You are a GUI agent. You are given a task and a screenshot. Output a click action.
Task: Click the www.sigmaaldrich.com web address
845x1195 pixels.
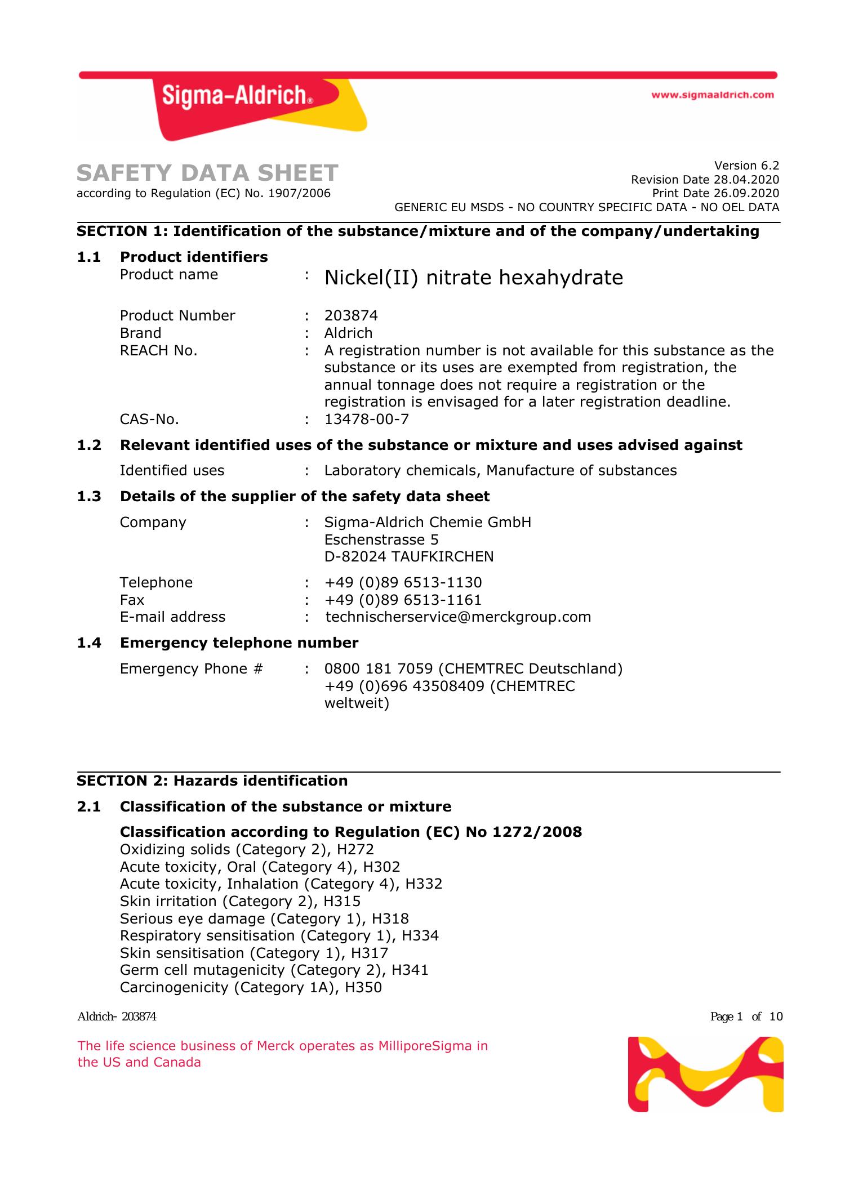click(x=712, y=95)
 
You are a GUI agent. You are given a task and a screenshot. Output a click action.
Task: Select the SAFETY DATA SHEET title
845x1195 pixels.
click(x=207, y=173)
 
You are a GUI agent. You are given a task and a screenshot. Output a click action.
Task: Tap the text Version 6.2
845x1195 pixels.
click(x=746, y=166)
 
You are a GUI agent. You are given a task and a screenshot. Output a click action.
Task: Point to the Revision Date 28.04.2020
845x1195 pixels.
click(x=705, y=180)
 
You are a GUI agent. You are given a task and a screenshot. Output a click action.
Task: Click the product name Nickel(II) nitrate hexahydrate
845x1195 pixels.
click(x=473, y=278)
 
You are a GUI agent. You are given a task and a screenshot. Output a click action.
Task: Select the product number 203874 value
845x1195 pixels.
click(x=351, y=315)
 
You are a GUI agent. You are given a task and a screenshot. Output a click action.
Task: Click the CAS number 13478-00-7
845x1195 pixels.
click(x=366, y=420)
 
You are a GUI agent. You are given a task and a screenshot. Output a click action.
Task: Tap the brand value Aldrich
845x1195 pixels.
click(x=348, y=333)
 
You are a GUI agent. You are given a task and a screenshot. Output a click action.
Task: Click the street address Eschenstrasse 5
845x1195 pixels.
click(x=381, y=539)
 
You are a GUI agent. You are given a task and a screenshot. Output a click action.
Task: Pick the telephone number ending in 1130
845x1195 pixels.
click(x=403, y=582)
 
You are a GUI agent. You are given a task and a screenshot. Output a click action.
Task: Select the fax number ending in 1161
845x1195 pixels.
click(x=403, y=600)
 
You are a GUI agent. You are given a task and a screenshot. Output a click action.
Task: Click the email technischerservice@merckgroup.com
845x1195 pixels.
click(x=458, y=617)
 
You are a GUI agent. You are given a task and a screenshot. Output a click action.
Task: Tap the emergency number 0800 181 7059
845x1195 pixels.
click(x=379, y=669)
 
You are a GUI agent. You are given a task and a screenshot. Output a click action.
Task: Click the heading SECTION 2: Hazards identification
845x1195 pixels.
click(x=212, y=781)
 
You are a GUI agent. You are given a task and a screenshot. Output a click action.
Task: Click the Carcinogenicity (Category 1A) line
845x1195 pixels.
click(x=251, y=988)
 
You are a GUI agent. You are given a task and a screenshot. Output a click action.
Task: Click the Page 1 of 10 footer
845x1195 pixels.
click(x=746, y=1017)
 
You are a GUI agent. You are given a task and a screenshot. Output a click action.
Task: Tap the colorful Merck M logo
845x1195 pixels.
click(x=705, y=1074)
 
